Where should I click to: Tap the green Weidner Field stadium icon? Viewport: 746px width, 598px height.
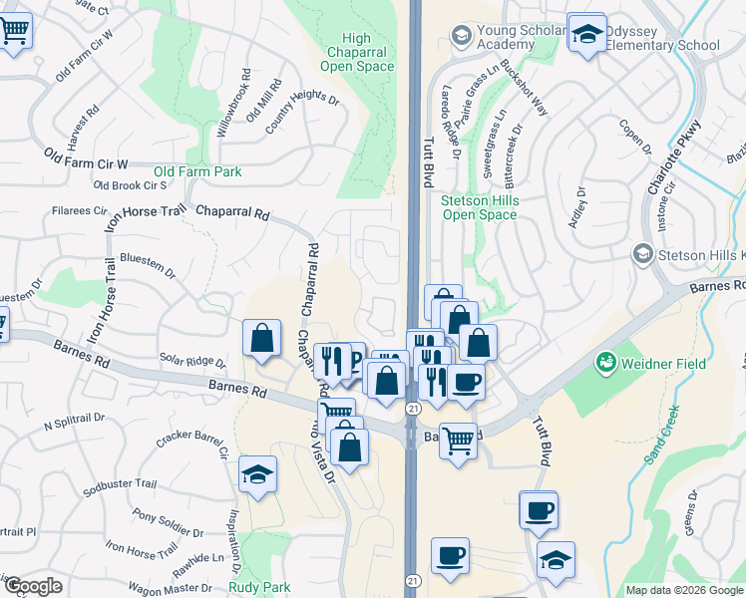604,364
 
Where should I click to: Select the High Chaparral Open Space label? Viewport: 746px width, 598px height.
357,53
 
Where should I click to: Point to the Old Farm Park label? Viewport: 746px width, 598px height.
197,172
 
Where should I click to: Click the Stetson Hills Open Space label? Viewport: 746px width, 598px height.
480,206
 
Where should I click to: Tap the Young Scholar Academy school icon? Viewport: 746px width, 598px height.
461,37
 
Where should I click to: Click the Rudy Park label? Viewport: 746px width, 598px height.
258,587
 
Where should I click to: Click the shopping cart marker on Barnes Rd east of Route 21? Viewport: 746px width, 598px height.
458,438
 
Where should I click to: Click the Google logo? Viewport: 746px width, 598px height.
33,586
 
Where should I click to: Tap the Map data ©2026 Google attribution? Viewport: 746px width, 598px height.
683,590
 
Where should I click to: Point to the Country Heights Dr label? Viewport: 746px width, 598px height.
303,115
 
